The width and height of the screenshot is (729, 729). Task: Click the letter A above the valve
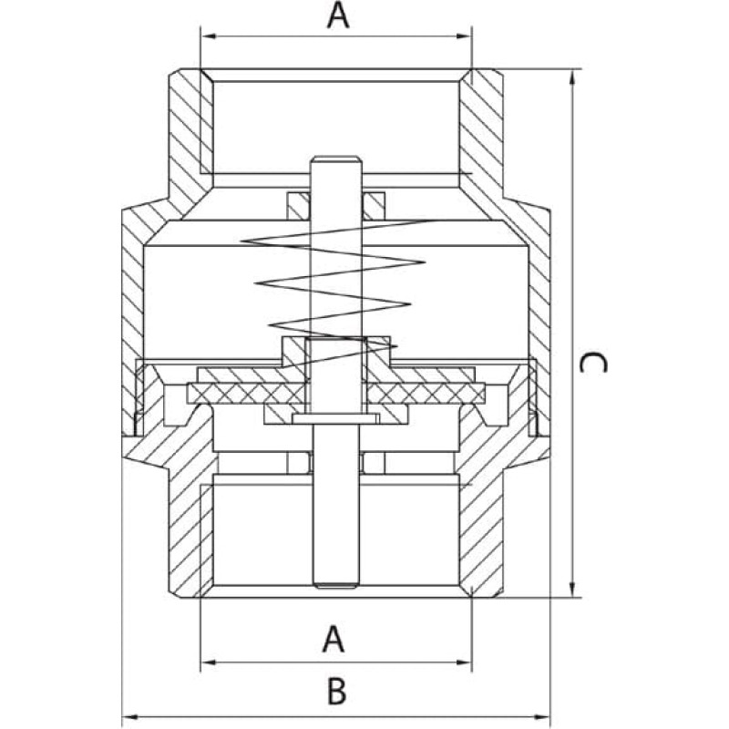pyautogui.click(x=338, y=15)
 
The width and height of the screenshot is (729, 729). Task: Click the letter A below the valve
pyautogui.click(x=334, y=640)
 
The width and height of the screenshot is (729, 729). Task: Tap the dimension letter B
pyautogui.click(x=336, y=692)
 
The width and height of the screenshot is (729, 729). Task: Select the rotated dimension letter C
pyautogui.click(x=593, y=363)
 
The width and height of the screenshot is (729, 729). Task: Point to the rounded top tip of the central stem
pyautogui.click(x=335, y=157)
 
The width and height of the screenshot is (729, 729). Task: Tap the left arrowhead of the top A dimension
pyautogui.click(x=208, y=36)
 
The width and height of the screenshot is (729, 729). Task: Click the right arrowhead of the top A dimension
pyautogui.click(x=465, y=36)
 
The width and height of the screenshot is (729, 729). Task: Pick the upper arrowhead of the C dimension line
pyautogui.click(x=573, y=77)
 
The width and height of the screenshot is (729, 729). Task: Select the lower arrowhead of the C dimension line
pyautogui.click(x=573, y=590)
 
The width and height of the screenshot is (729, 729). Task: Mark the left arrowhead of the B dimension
pyautogui.click(x=129, y=717)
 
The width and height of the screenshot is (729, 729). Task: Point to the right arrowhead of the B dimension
pyautogui.click(x=542, y=717)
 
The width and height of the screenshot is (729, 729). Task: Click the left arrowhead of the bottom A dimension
pyautogui.click(x=208, y=662)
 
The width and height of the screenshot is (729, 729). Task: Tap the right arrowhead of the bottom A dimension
pyautogui.click(x=465, y=662)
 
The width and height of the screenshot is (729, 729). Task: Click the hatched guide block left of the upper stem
pyautogui.click(x=298, y=206)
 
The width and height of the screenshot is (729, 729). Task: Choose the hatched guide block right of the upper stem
pyautogui.click(x=374, y=206)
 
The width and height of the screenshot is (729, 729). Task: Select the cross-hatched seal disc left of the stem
pyautogui.click(x=246, y=394)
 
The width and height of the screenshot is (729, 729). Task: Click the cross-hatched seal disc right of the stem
pyautogui.click(x=426, y=394)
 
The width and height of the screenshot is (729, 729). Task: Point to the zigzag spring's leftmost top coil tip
pyautogui.click(x=242, y=241)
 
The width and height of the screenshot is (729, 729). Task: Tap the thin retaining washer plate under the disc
pyautogui.click(x=335, y=418)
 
